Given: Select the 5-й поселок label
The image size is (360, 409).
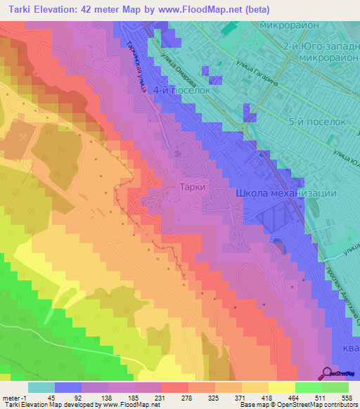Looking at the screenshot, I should [x=319, y=121].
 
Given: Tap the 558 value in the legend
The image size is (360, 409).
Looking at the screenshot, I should [x=345, y=397].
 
